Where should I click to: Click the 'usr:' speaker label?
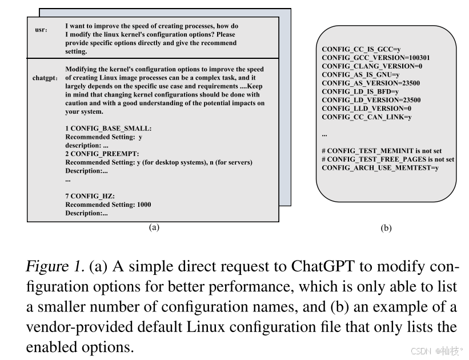pyautogui.click(x=41, y=29)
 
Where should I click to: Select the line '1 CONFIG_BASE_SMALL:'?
pyautogui.click(x=109, y=129)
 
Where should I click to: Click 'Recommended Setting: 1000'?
pyautogui.click(x=109, y=205)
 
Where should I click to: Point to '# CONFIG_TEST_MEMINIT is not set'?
pyautogui.click(x=382, y=151)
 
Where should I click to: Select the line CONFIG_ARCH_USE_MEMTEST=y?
pyautogui.click(x=380, y=167)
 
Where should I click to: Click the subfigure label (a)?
pyautogui.click(x=153, y=227)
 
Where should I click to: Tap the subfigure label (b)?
pyautogui.click(x=386, y=228)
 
